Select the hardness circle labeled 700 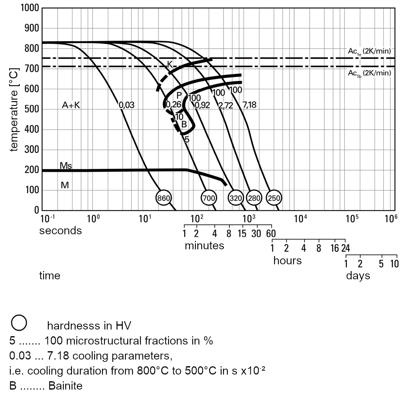click(x=208, y=198)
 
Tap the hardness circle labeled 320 click(x=236, y=198)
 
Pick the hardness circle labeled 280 click(x=254, y=198)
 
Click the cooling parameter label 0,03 click(x=127, y=105)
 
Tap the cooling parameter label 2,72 click(x=226, y=105)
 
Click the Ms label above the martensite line click(x=66, y=165)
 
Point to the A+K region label click(x=71, y=105)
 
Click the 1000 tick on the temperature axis click(x=29, y=8)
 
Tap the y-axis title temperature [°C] click(x=14, y=109)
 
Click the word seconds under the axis click(x=60, y=231)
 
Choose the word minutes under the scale click(x=204, y=246)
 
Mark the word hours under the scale click(x=287, y=261)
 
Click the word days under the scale click(x=358, y=275)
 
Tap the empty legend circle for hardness click(x=19, y=322)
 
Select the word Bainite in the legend click(x=66, y=386)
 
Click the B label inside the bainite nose click(x=184, y=124)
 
